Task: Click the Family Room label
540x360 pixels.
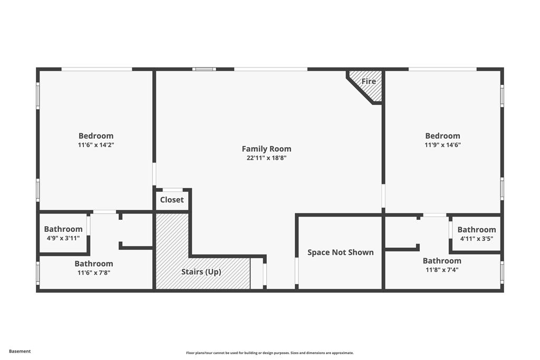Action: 266,149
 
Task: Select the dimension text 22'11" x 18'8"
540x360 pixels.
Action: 266,158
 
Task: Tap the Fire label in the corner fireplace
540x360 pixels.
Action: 369,81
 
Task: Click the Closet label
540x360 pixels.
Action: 172,200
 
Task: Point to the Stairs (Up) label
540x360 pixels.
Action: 201,272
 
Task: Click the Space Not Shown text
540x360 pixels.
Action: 340,252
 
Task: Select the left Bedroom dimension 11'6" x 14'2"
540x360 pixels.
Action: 96,144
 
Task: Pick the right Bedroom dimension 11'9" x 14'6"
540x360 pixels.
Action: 442,144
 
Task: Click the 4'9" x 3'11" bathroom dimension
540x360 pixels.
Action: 63,238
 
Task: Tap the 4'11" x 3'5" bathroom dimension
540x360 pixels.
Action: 477,238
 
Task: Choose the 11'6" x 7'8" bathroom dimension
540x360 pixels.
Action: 93,273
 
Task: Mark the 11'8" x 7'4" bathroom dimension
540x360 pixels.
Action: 442,269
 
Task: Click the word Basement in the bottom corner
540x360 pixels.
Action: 20,351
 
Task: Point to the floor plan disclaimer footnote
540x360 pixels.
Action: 269,353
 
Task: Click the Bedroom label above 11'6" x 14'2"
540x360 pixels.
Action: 96,135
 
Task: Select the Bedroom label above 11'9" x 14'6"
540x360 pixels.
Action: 442,135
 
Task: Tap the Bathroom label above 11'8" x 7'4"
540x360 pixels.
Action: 442,260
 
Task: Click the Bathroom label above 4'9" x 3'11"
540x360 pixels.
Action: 63,229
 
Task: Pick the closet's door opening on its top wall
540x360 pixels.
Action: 172,190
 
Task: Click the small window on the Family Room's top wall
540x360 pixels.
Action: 204,69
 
